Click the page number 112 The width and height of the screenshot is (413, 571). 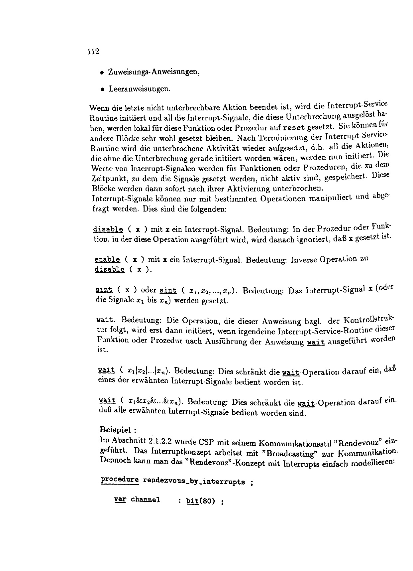tap(93, 52)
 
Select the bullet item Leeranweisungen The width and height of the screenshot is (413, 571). tap(140, 89)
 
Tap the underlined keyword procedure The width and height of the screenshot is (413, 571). tap(119, 480)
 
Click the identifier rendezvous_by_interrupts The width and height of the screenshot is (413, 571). tap(194, 482)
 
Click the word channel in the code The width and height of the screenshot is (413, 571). tap(146, 500)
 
